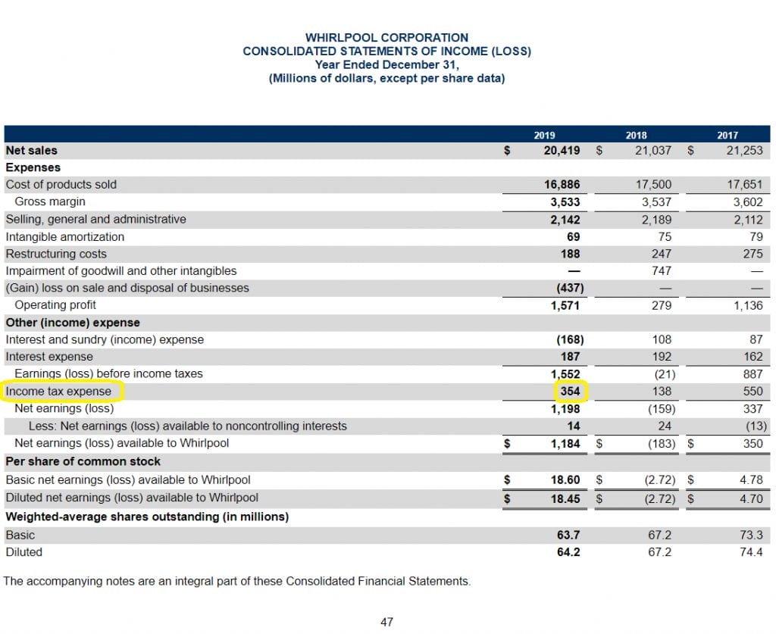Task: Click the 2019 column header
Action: [x=544, y=135]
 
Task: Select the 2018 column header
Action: [x=636, y=135]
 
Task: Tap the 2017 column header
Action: [x=727, y=135]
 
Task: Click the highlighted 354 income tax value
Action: [x=570, y=391]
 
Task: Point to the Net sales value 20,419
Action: [x=562, y=150]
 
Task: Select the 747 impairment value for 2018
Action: [x=661, y=271]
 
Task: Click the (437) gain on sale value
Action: [x=570, y=288]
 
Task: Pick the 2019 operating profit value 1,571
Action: [x=565, y=305]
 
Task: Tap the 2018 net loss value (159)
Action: [x=661, y=409]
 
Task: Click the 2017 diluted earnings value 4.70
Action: [x=751, y=498]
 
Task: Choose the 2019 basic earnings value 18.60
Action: [x=565, y=479]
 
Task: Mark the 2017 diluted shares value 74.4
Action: [x=751, y=552]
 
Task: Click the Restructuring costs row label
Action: [x=56, y=254]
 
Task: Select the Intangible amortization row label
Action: [x=65, y=237]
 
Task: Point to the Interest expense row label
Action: [x=49, y=357]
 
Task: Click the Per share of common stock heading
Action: [x=83, y=461]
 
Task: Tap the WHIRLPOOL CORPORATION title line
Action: [x=386, y=38]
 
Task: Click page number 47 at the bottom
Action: [x=387, y=622]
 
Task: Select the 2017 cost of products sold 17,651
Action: [x=745, y=185]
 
